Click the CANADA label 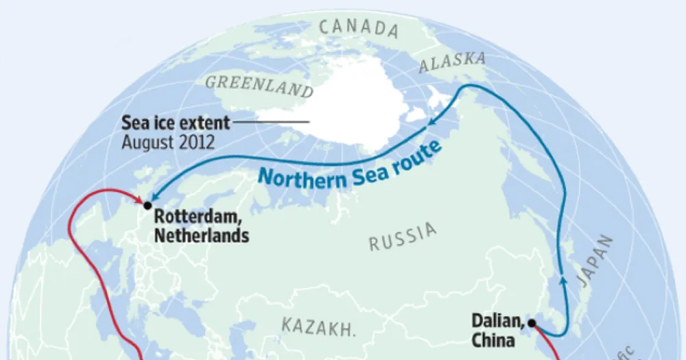click(x=359, y=28)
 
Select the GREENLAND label click(x=259, y=87)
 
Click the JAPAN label click(x=593, y=261)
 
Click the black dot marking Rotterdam click(x=147, y=205)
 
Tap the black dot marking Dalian click(x=531, y=322)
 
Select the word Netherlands click(x=201, y=236)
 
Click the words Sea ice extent click(x=176, y=123)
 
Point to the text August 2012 click(x=168, y=143)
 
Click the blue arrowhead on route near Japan click(x=563, y=277)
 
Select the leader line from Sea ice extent click(x=272, y=123)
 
